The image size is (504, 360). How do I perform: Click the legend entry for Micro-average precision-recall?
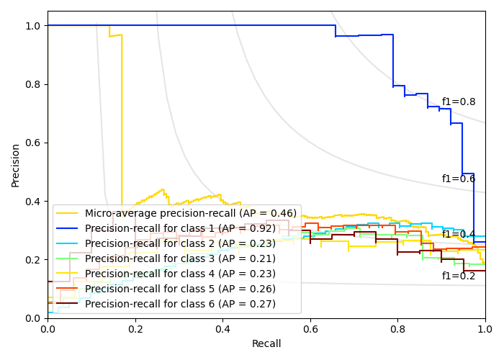191,213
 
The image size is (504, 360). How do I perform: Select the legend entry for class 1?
180,228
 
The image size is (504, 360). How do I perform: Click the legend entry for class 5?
180,289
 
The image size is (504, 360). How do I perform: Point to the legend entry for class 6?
180,304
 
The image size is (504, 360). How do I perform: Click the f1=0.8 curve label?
459,102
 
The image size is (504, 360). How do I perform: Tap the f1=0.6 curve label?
459,179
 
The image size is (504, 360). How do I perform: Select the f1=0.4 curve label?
459,234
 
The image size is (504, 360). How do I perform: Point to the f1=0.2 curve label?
459,276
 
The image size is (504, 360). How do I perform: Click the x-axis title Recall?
266,344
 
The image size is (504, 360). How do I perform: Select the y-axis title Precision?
16,165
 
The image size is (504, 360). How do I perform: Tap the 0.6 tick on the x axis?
310,328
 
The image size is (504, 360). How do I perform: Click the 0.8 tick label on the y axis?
33,84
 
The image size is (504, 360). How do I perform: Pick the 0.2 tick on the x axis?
135,328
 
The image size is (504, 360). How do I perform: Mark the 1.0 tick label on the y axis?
33,26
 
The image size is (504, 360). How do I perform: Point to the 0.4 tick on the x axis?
222,328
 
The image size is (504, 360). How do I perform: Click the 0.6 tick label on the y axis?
33,143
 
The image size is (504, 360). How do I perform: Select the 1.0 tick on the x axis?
485,328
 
